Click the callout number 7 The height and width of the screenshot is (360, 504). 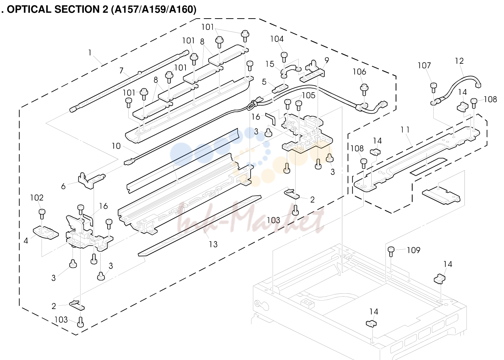click(121, 70)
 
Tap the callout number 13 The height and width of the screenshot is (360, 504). click(213, 244)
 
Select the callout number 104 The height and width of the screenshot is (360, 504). click(277, 39)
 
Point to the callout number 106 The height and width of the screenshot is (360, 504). click(359, 72)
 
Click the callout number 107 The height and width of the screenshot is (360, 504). click(424, 66)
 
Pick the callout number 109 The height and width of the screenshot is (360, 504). click(414, 250)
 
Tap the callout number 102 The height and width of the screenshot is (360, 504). click(37, 198)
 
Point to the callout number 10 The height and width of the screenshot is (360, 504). click(116, 146)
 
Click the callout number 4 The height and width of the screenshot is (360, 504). click(26, 241)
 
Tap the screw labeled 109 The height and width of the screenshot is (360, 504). click(391, 251)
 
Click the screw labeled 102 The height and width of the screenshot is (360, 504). click(42, 214)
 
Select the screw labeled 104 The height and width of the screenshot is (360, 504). click(284, 57)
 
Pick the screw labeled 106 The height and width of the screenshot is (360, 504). click(364, 90)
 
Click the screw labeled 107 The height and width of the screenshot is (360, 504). click(434, 88)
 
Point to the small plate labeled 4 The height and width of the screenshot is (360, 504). click(46, 232)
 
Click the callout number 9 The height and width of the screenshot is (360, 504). click(327, 60)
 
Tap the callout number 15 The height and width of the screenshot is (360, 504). click(270, 64)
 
